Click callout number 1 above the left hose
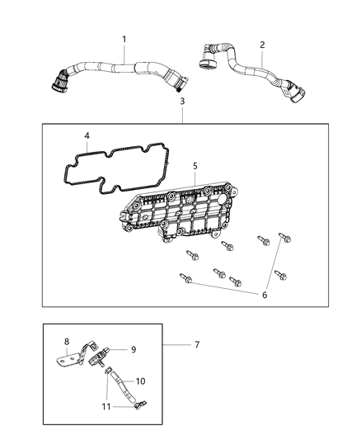[x=124, y=39]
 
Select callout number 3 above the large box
[x=182, y=101]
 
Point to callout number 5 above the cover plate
[x=195, y=165]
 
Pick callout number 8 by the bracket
[x=67, y=340]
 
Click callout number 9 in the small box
[x=133, y=349]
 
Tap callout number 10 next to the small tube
[x=140, y=381]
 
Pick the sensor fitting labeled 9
[x=106, y=357]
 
